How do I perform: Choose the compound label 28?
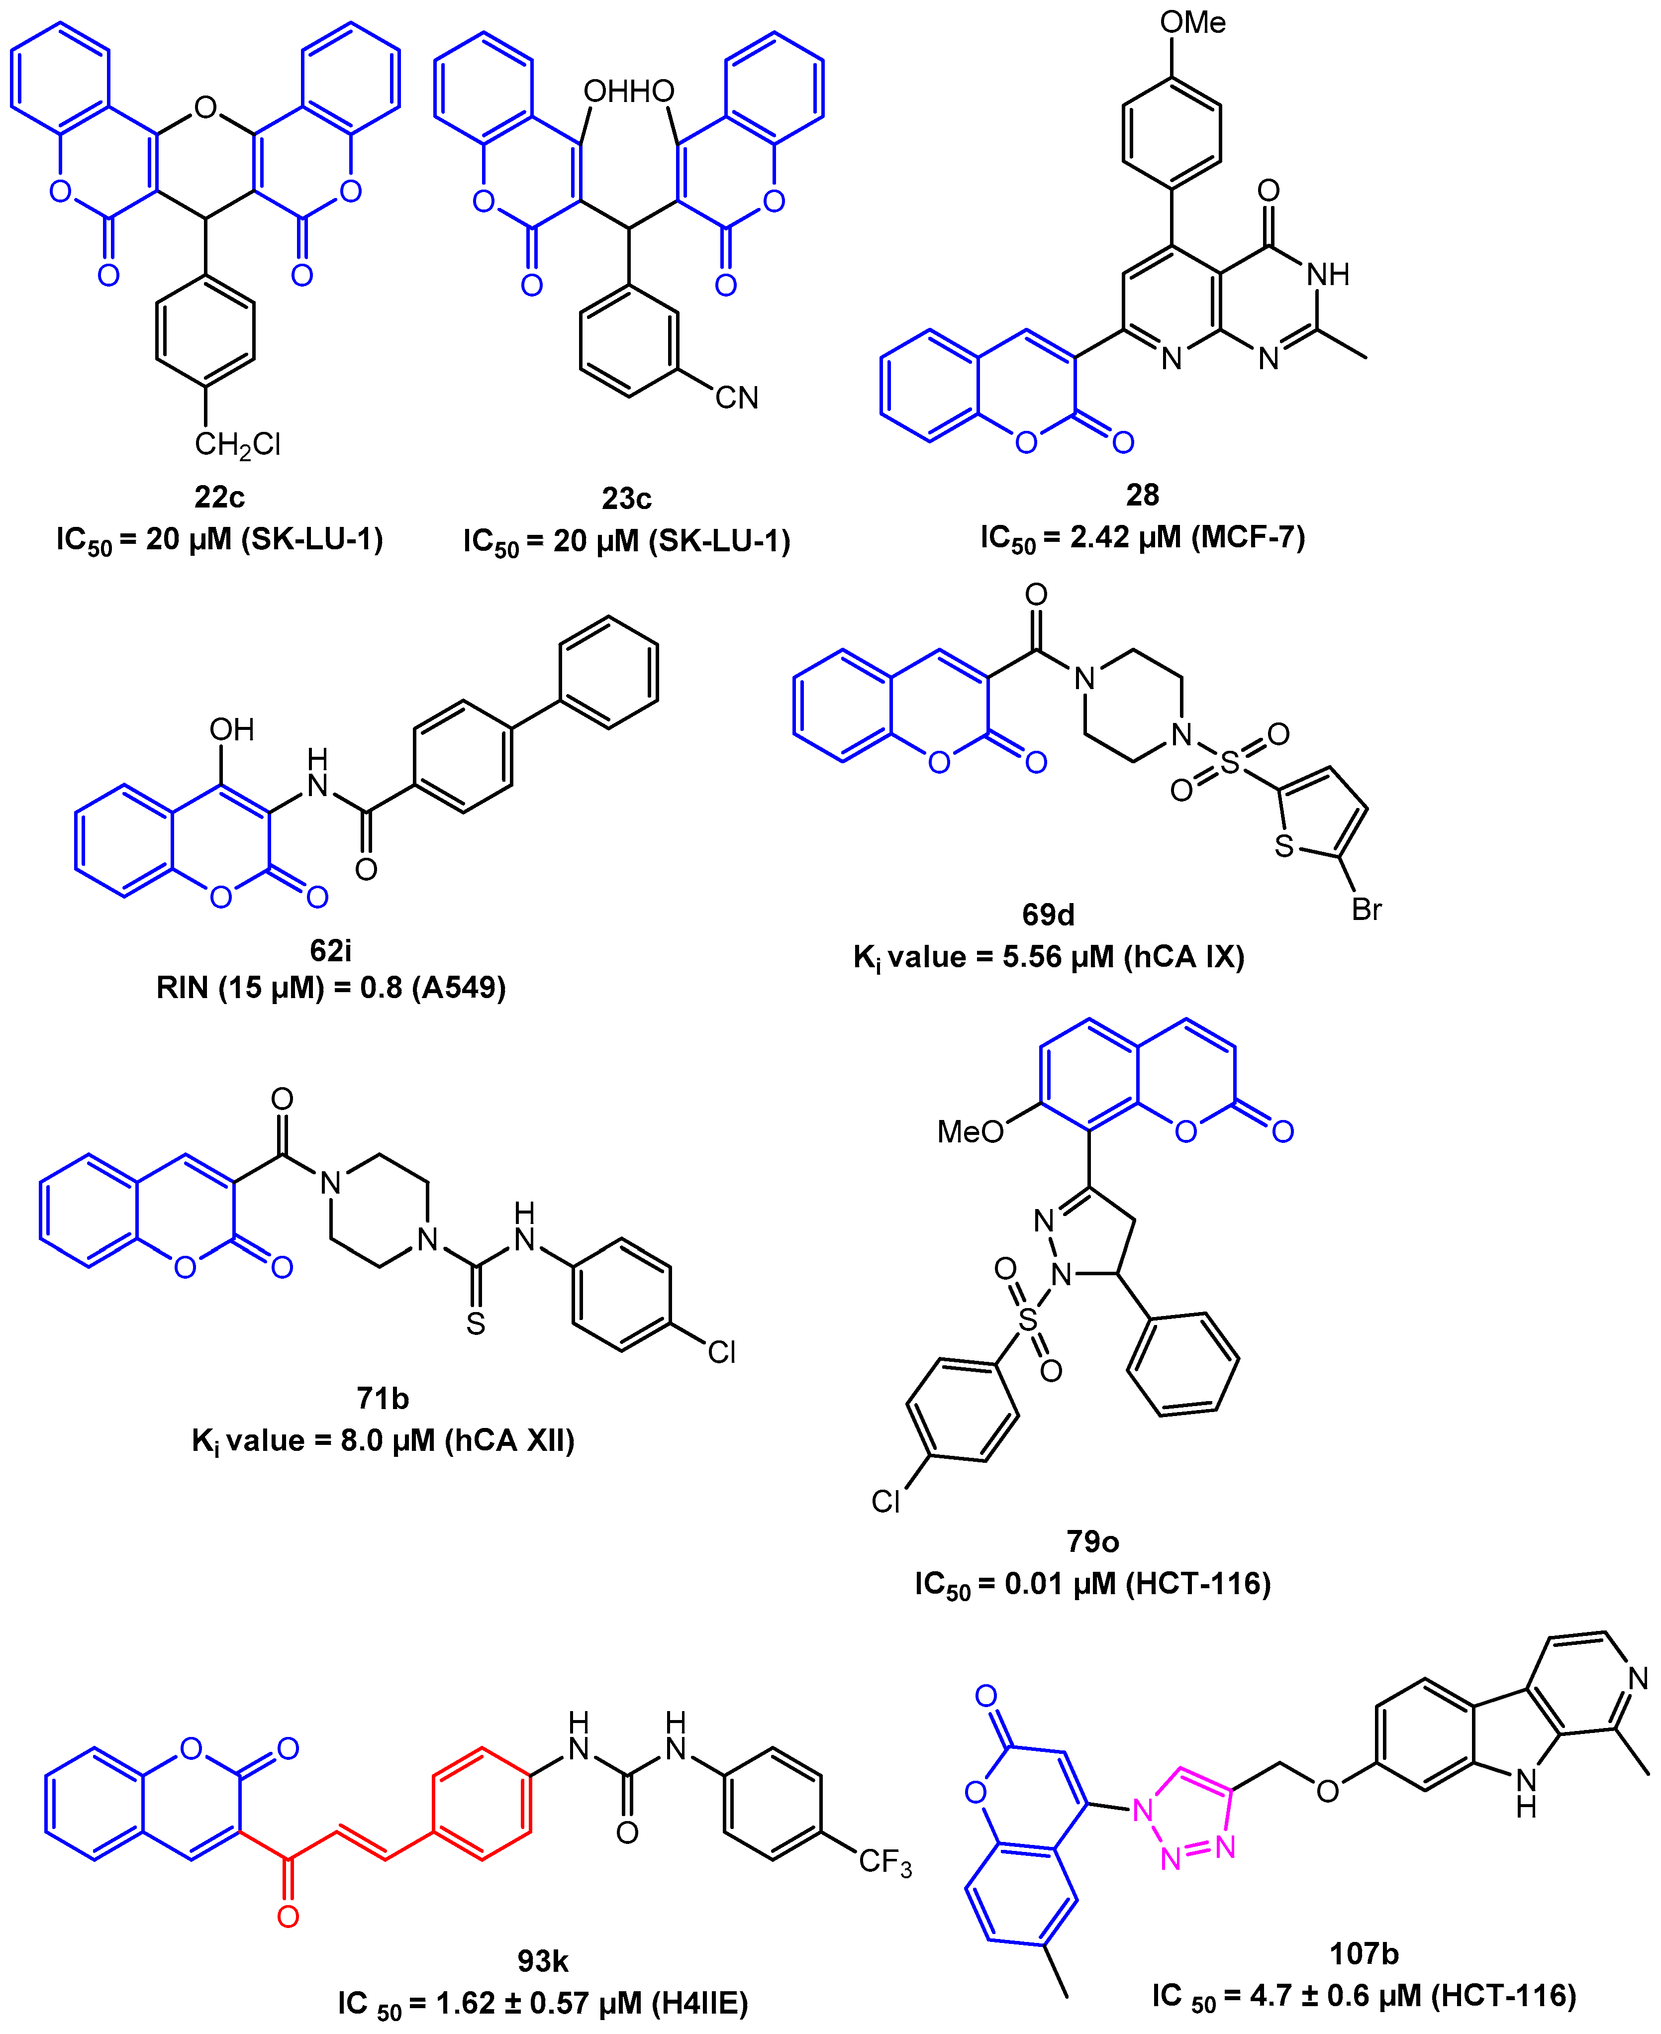(1143, 495)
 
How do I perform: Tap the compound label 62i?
(330, 950)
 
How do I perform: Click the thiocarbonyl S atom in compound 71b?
(476, 1324)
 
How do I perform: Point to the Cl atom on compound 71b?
(721, 1352)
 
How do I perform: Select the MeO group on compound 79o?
(969, 1132)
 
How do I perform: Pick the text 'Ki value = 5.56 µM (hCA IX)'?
(1049, 957)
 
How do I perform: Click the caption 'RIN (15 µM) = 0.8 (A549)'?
(331, 987)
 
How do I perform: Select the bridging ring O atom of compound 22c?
(205, 107)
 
